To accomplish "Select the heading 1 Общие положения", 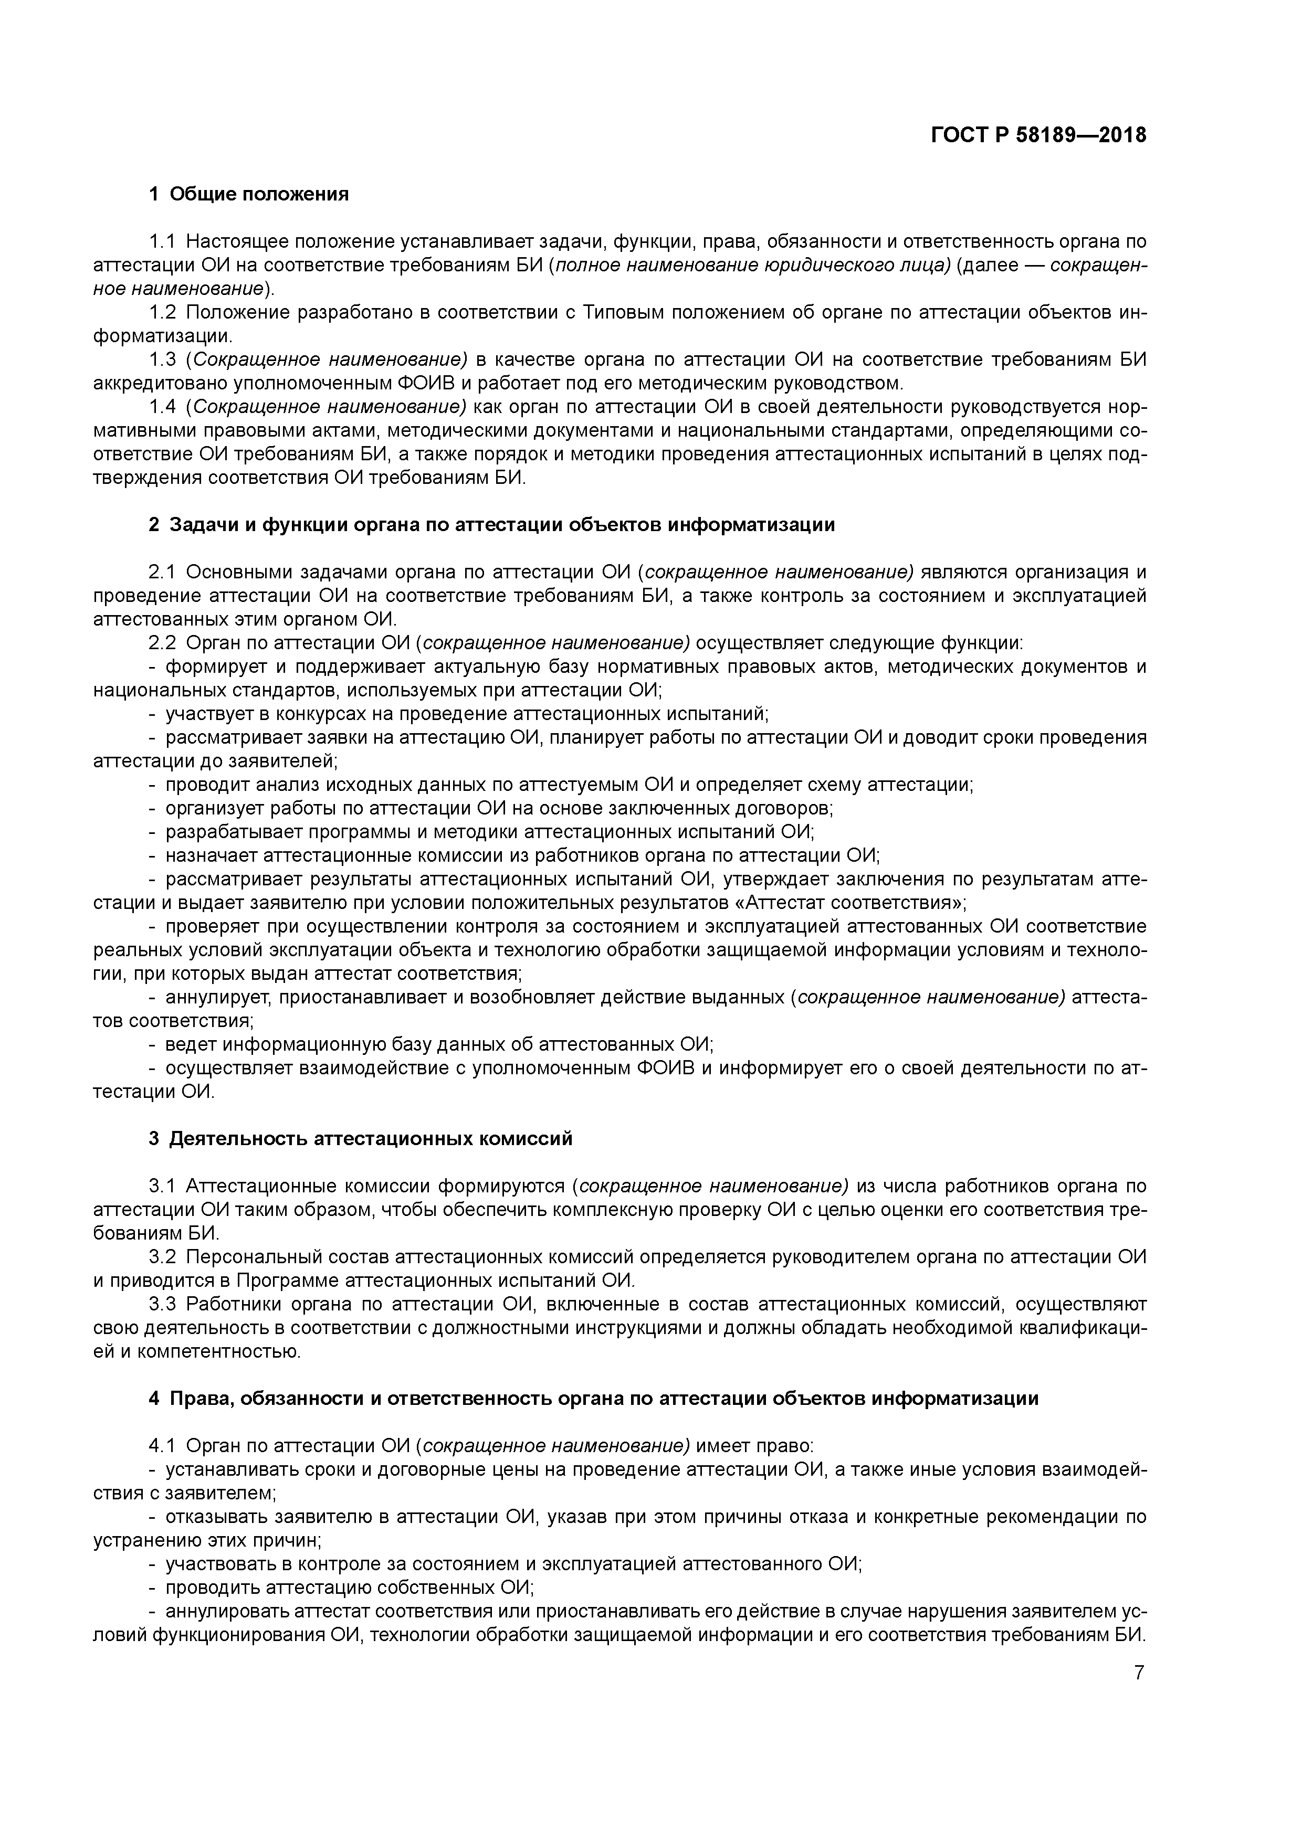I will click(x=249, y=194).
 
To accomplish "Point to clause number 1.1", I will click(x=162, y=241).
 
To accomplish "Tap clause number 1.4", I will click(x=162, y=407).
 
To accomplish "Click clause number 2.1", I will click(x=162, y=572).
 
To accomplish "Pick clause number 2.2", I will click(x=162, y=642).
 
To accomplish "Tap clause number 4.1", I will click(x=162, y=1446).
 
